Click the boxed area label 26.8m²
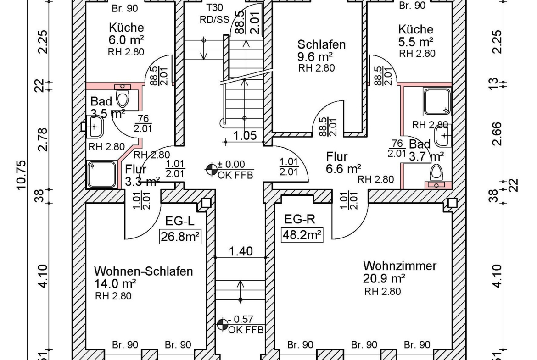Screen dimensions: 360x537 coord(180,237)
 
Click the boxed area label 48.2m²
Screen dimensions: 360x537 coord(302,235)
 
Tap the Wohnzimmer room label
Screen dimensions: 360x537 coord(399,266)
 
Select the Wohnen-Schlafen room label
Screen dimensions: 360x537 coord(143,271)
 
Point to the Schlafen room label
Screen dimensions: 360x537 coord(321,44)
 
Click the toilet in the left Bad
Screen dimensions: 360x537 coord(123,97)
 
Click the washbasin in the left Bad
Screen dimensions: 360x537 coord(94,126)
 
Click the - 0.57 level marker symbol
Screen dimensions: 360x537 coord(222,324)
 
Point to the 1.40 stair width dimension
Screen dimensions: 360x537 coord(241,251)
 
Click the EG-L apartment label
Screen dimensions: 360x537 coord(180,221)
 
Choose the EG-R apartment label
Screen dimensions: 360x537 coord(300,219)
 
